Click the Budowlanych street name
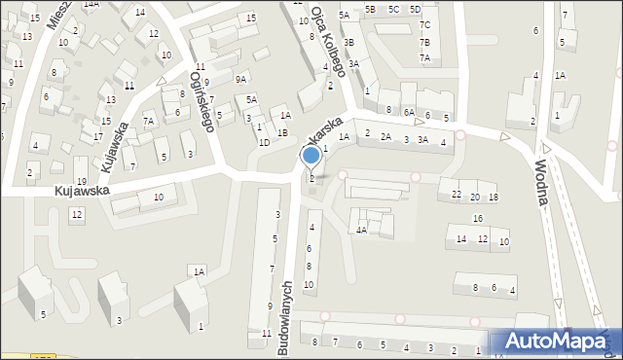(287, 318)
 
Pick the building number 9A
(240, 78)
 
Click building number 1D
(264, 142)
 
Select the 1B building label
(282, 132)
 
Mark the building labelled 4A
(361, 231)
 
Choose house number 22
(457, 196)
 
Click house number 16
(478, 218)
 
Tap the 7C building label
(424, 25)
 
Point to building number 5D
(416, 9)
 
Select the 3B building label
(348, 44)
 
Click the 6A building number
(410, 113)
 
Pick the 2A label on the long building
(385, 137)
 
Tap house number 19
(82, 182)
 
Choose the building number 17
(97, 137)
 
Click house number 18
(494, 198)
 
